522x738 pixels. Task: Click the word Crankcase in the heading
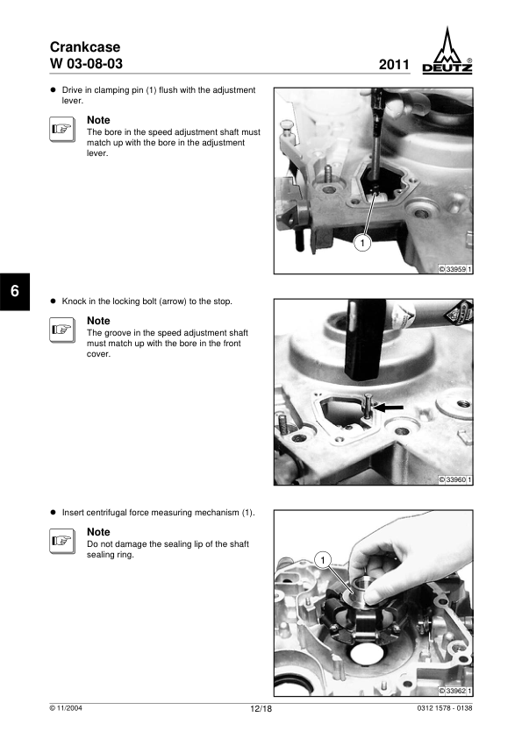tap(85, 46)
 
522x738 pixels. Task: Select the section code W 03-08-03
tap(86, 63)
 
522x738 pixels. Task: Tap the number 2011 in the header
tap(394, 65)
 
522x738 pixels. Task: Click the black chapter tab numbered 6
tap(15, 291)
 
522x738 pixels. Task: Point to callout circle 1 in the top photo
tap(362, 243)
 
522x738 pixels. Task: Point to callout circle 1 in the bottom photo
tap(323, 560)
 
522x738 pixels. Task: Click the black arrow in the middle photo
tap(389, 407)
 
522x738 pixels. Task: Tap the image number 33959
tap(455, 269)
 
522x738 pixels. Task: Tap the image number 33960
tap(455, 479)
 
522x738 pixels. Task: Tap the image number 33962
tap(455, 691)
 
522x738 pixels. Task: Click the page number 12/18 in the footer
tap(261, 709)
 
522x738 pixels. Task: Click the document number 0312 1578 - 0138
tap(445, 708)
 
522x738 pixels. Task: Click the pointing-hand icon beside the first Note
tap(62, 129)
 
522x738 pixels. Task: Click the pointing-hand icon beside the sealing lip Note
tap(62, 541)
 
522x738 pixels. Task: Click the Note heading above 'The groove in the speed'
tap(98, 321)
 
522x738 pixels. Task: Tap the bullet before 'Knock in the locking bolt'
tap(54, 302)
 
